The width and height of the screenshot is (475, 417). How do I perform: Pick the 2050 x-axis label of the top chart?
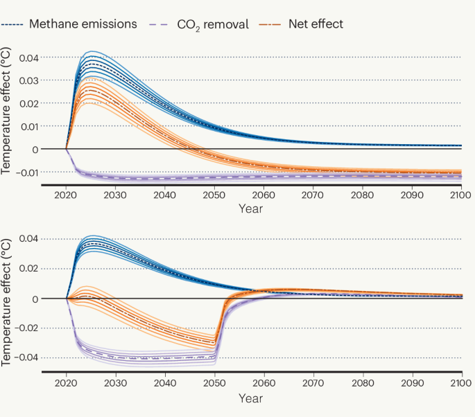pos(214,197)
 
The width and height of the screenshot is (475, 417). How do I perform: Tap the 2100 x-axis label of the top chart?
pos(461,197)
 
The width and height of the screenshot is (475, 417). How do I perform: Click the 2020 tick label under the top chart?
pos(66,197)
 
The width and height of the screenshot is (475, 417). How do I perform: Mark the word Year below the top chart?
pos(251,208)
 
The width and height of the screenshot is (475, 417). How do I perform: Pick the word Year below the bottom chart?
pos(251,398)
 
